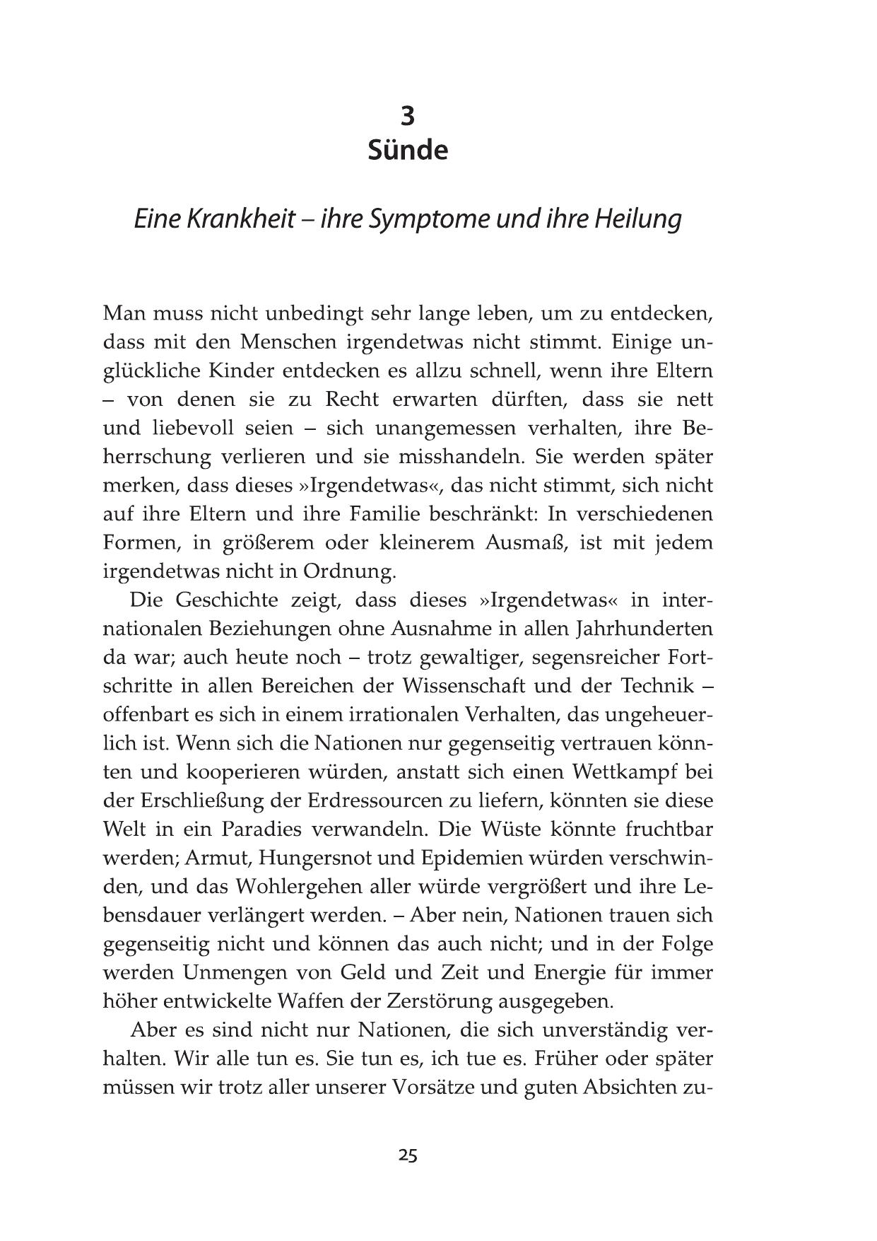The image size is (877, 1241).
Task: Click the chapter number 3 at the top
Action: pos(408,115)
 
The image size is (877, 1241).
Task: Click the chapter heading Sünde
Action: pos(408,151)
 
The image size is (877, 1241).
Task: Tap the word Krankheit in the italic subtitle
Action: pos(240,219)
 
